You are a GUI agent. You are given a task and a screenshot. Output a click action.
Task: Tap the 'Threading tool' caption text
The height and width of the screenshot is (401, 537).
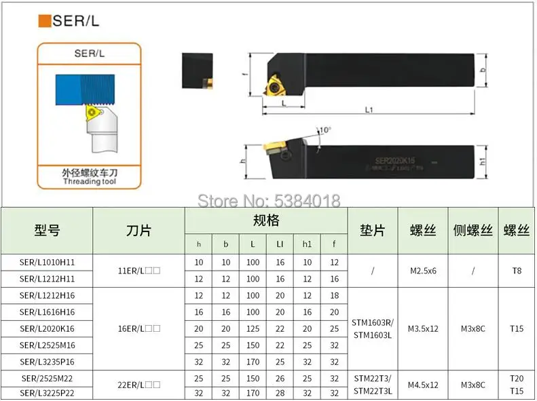pos(88,182)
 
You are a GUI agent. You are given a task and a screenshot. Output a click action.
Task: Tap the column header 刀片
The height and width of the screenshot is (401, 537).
pos(138,231)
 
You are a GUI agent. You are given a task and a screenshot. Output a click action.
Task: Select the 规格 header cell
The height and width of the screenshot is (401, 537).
pos(266,221)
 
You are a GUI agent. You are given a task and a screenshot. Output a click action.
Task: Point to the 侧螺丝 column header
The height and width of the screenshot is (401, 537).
pos(473,231)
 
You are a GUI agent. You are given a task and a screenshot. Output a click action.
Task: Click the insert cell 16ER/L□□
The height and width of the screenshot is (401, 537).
pos(138,329)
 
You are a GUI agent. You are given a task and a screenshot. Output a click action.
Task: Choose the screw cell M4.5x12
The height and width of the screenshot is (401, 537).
pos(424,385)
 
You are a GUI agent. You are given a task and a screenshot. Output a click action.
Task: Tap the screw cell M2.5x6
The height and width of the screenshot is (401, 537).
pos(424,271)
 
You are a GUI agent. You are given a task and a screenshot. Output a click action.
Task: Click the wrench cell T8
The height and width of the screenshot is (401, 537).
pos(517,271)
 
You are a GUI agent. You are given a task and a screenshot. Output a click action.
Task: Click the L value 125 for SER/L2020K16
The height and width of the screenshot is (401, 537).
pos(253,329)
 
